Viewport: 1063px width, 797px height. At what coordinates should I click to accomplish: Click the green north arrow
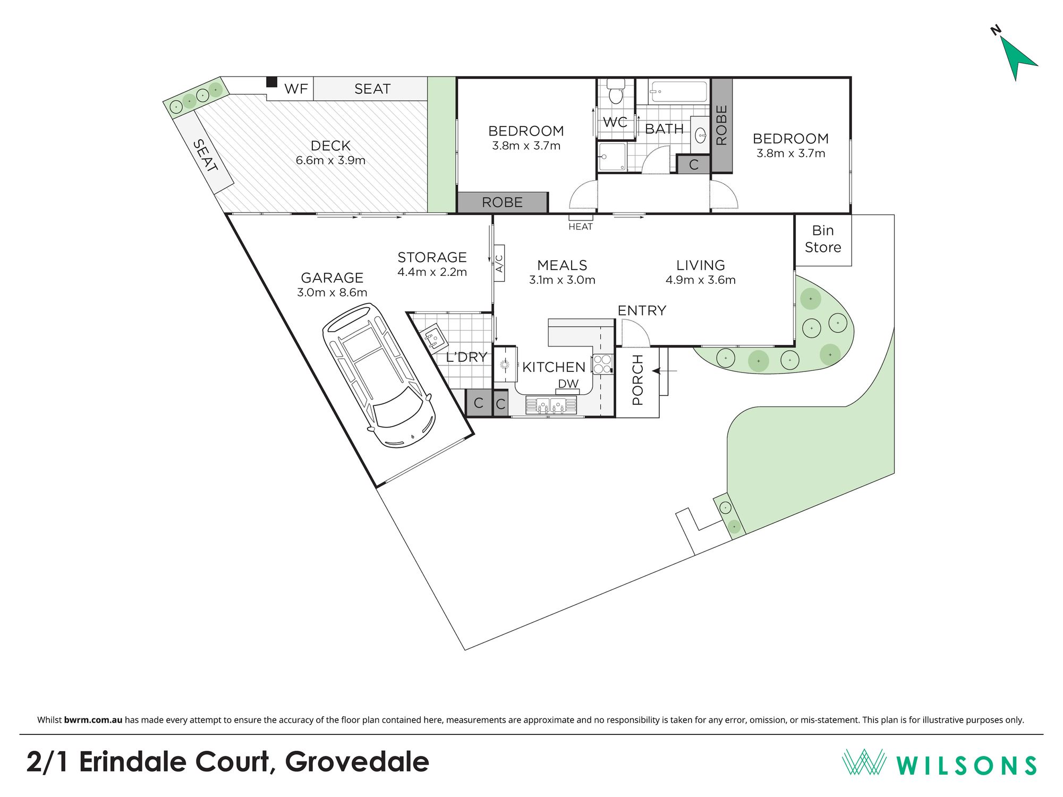[x=1016, y=57]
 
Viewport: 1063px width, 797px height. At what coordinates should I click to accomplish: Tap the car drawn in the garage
[x=378, y=375]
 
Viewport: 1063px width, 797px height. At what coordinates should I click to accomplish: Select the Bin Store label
[x=823, y=239]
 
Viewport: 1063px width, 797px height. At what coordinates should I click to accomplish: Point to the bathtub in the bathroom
[x=678, y=91]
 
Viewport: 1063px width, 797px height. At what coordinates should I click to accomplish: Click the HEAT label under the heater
[x=580, y=227]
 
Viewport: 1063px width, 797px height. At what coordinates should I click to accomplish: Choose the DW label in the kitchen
[x=568, y=384]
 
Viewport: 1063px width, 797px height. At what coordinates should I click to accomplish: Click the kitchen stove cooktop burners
[x=602, y=364]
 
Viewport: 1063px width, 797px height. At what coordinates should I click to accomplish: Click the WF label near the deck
[x=296, y=89]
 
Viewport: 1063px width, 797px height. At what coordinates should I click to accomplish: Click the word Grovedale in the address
[x=357, y=762]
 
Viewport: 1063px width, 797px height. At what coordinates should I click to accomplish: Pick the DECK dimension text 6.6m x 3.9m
[x=330, y=160]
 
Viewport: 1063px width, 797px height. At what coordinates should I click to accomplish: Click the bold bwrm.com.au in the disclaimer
[x=93, y=720]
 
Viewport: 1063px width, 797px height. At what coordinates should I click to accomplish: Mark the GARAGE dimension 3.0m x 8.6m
[x=332, y=292]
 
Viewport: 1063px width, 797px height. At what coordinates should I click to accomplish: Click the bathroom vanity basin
[x=700, y=134]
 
